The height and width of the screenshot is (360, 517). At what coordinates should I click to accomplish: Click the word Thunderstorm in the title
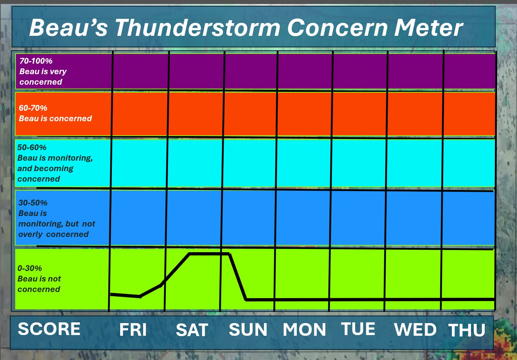(198, 27)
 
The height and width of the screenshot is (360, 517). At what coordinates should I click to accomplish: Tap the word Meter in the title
(429, 27)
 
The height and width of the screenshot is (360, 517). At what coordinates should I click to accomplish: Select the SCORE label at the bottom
(49, 329)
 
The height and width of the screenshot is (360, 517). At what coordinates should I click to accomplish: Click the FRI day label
(133, 330)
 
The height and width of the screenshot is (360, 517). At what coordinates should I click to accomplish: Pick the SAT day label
(192, 330)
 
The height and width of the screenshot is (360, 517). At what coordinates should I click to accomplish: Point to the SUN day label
(248, 330)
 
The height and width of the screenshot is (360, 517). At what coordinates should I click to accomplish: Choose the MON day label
(304, 330)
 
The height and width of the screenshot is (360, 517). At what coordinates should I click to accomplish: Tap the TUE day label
(358, 329)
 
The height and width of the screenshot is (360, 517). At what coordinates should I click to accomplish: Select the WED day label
(415, 330)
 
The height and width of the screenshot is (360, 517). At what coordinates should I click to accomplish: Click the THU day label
(467, 330)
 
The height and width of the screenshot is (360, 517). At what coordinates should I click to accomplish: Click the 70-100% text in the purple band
(36, 61)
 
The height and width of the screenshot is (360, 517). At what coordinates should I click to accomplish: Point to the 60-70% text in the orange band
(33, 108)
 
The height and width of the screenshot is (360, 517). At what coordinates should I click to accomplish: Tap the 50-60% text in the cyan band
(32, 147)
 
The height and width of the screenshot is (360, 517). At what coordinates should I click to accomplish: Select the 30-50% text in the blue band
(33, 203)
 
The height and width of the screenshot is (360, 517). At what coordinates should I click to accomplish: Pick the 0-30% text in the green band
(30, 268)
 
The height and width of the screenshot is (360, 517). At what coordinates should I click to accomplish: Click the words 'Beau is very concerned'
(43, 77)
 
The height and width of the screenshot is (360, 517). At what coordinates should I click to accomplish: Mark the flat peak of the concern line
(209, 254)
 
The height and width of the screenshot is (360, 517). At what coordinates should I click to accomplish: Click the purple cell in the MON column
(305, 71)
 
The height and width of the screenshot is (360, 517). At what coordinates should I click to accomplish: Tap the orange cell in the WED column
(415, 114)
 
